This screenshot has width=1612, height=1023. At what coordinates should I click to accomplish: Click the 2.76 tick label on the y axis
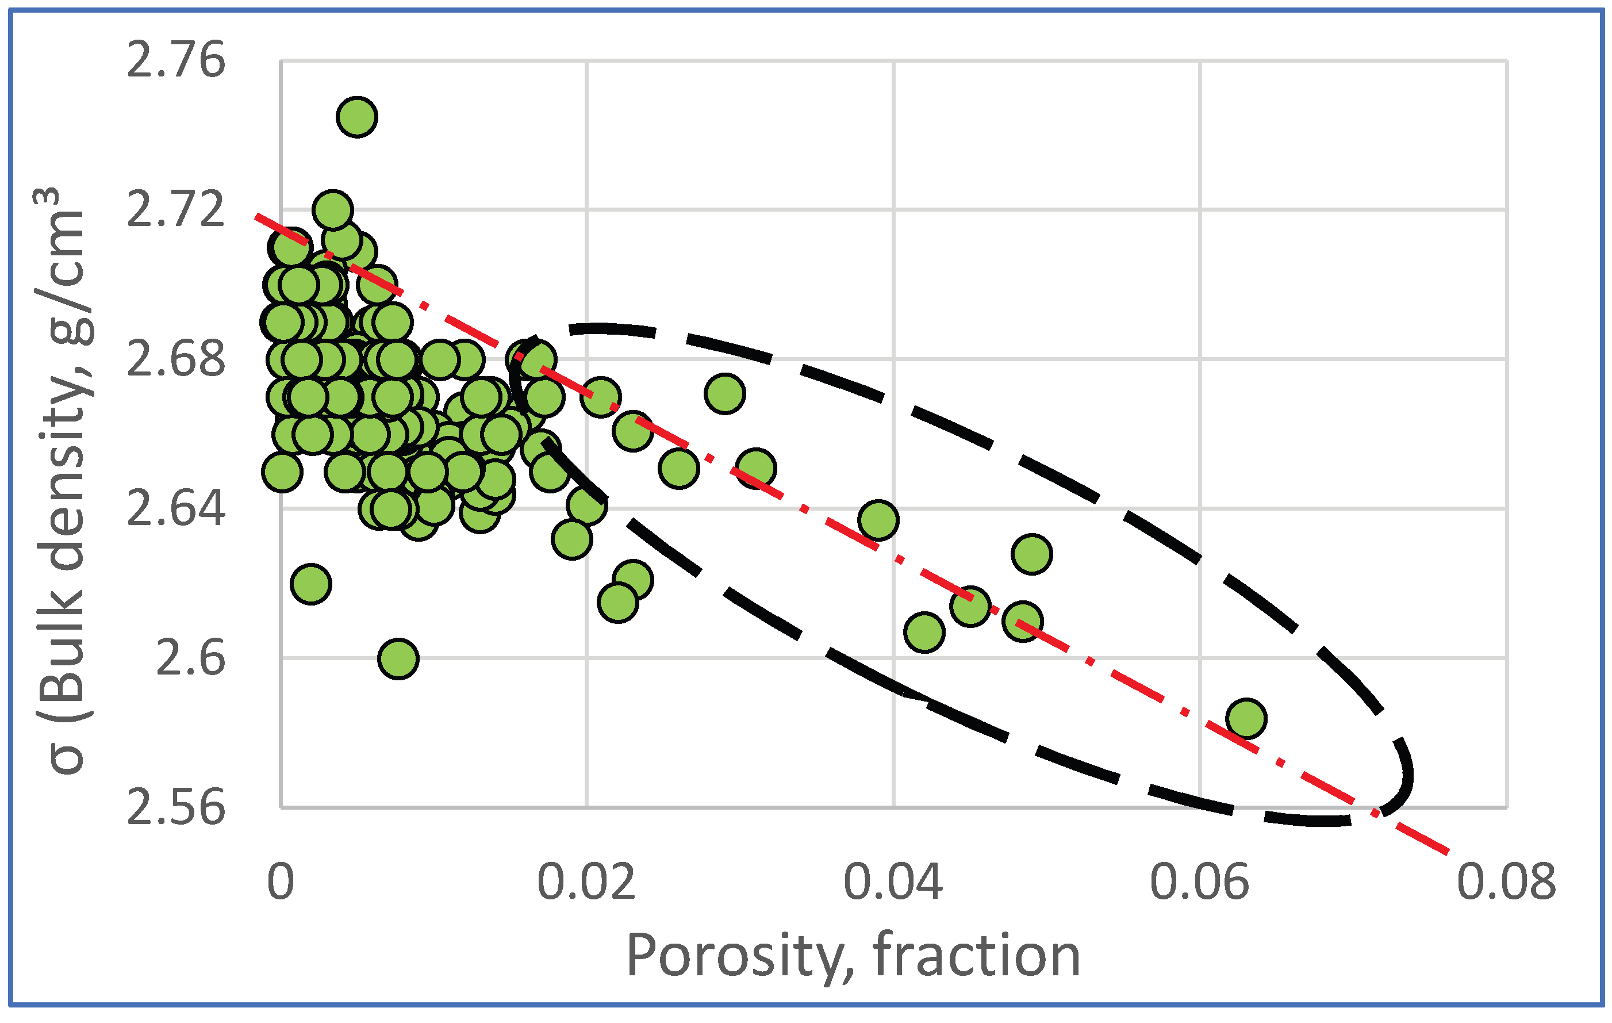point(175,60)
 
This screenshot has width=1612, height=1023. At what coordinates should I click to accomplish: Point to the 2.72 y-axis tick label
point(175,209)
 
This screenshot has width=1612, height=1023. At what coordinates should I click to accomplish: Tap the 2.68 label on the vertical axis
point(175,359)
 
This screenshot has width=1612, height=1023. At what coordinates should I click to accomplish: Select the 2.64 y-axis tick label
point(175,508)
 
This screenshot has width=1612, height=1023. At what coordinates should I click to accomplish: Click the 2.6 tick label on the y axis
point(190,658)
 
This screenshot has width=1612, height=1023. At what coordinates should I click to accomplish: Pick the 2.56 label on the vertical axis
point(175,807)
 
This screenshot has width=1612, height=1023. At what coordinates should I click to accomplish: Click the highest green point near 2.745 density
point(357,117)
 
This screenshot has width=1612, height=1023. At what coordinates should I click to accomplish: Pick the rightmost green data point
point(1246,718)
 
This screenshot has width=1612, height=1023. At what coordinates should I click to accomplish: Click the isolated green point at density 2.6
point(398,659)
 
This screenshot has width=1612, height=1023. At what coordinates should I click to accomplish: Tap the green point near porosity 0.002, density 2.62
point(311,584)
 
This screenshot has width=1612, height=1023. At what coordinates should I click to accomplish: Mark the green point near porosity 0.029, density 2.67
point(724,393)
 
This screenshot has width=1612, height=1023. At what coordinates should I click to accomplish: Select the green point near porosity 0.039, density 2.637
point(878,519)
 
